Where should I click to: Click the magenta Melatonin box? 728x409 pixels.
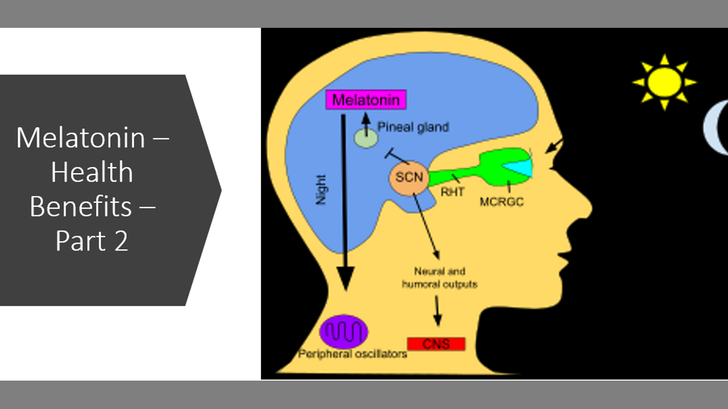[366, 100]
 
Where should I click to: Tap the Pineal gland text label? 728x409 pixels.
[413, 127]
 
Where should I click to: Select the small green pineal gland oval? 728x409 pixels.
[366, 139]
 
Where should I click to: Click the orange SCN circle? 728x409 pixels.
[409, 177]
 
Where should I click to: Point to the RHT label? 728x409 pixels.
[453, 192]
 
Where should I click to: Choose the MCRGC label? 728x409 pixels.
[501, 201]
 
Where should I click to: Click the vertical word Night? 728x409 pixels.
[321, 190]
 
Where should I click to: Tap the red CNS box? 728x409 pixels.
[436, 344]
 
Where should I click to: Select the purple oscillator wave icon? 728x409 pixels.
[344, 331]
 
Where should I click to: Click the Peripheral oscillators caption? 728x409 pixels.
[353, 354]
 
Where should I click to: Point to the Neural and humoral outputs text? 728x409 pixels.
[439, 278]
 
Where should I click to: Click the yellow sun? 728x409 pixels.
[664, 82]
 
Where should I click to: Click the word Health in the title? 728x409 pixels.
[92, 173]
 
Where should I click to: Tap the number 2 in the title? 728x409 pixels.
[121, 241]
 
